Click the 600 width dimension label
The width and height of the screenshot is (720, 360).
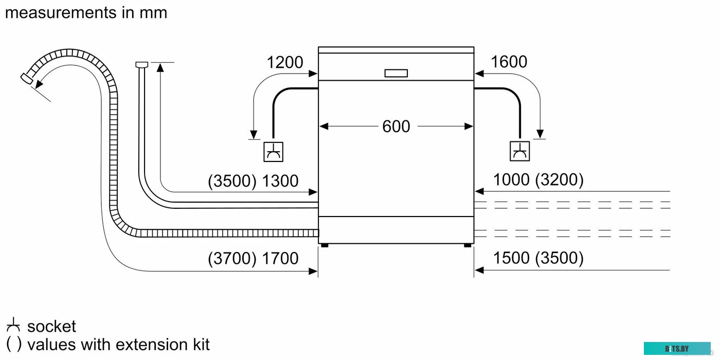pos(396,126)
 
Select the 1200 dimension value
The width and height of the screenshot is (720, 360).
pos(284,62)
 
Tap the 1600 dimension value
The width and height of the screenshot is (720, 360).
pos(509,62)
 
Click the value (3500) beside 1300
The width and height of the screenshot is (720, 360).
pos(232,181)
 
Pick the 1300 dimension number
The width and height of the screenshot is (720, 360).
pos(280,181)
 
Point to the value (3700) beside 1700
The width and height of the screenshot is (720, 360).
pos(232,258)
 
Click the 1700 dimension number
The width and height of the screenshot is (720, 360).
pos(280,258)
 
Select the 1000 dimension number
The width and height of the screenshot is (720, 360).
pos(511,179)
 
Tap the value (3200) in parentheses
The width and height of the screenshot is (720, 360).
pos(559,179)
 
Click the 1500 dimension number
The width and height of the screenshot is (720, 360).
pos(511,258)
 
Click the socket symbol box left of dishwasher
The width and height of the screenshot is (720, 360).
pos(273,151)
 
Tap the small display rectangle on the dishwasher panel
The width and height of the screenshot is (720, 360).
pos(396,73)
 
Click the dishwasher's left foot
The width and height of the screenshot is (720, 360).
pos(325,246)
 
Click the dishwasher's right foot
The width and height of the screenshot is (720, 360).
pos(467,246)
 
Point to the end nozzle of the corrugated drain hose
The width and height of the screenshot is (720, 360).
pos(26,78)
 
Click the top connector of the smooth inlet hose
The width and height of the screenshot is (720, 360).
pos(141,64)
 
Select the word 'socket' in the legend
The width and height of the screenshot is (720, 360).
pos(51,327)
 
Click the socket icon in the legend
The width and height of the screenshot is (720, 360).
pos(13,326)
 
